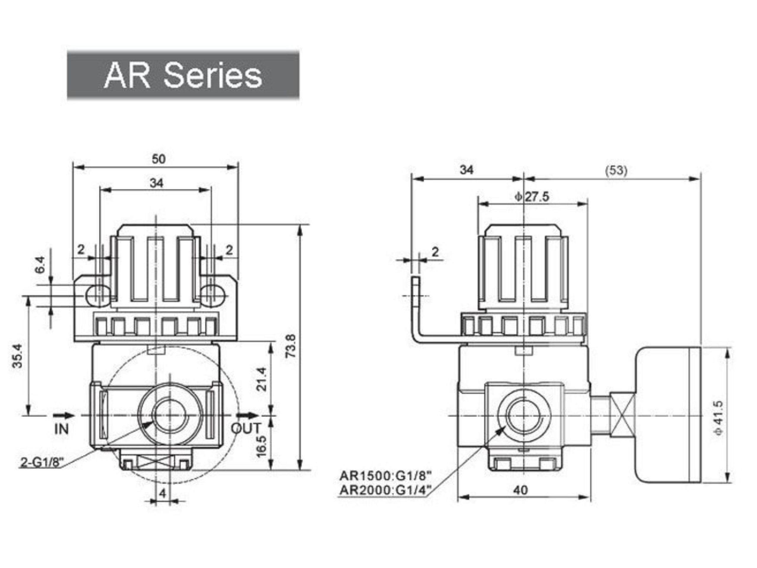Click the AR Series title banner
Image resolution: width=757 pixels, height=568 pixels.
(183, 75)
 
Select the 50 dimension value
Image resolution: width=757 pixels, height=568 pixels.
(158, 159)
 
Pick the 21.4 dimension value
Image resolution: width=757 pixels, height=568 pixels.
(262, 379)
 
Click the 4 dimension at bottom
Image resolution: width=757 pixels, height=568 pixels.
(163, 493)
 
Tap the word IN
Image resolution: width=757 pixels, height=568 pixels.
(62, 429)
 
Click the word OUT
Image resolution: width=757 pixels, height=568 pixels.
(246, 428)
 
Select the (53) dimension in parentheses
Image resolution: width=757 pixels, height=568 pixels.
(617, 170)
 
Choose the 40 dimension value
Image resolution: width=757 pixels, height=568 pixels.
(520, 490)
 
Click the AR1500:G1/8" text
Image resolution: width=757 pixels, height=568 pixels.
(385, 476)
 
